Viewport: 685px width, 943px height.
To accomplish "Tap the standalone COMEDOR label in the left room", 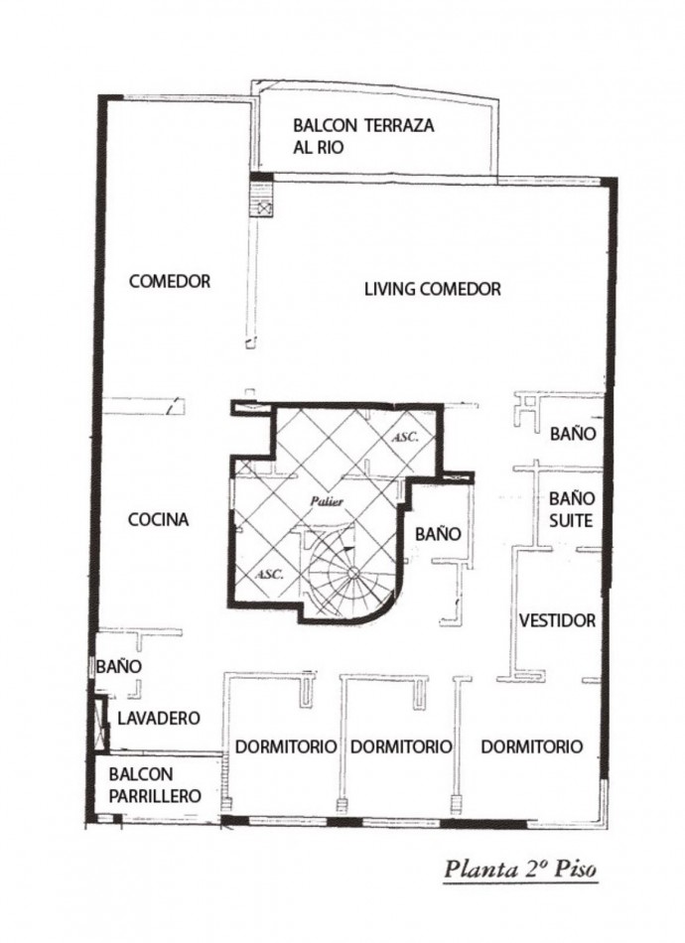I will [x=170, y=282].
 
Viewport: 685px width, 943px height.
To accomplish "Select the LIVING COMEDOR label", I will [x=432, y=289].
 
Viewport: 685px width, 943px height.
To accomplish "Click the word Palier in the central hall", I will [x=326, y=502].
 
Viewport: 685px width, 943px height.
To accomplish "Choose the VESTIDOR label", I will [x=558, y=620].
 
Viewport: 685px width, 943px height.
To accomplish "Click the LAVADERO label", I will [x=160, y=718].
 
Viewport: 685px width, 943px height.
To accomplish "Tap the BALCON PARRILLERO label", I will [x=155, y=785].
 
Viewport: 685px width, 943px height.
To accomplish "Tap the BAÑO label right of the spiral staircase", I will [x=437, y=533].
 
